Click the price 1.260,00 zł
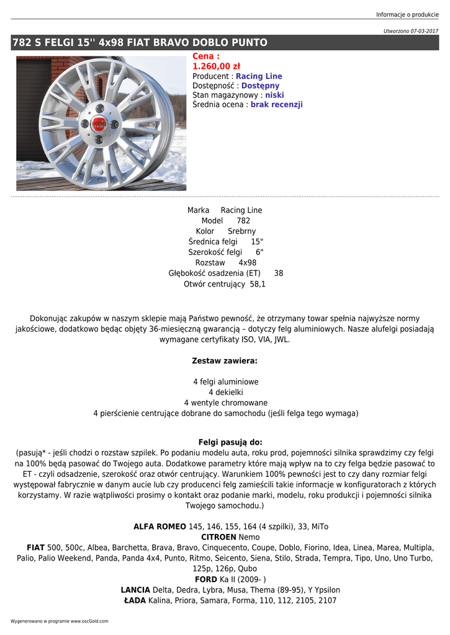click(x=217, y=66)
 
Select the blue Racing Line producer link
click(x=259, y=76)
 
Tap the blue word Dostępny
click(x=260, y=86)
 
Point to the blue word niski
click(x=274, y=95)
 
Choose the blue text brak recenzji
click(x=276, y=105)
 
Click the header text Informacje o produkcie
click(x=407, y=15)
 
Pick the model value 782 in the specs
click(x=243, y=221)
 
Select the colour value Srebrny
click(x=241, y=231)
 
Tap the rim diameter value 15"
click(x=257, y=242)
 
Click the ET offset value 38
click(x=279, y=273)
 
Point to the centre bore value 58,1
click(x=258, y=284)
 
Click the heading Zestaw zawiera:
click(x=225, y=360)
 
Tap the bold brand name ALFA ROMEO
click(x=160, y=526)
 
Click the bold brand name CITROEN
click(x=218, y=537)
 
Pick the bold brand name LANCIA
click(x=135, y=590)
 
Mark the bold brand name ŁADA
click(x=135, y=600)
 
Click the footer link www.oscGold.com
click(x=89, y=621)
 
